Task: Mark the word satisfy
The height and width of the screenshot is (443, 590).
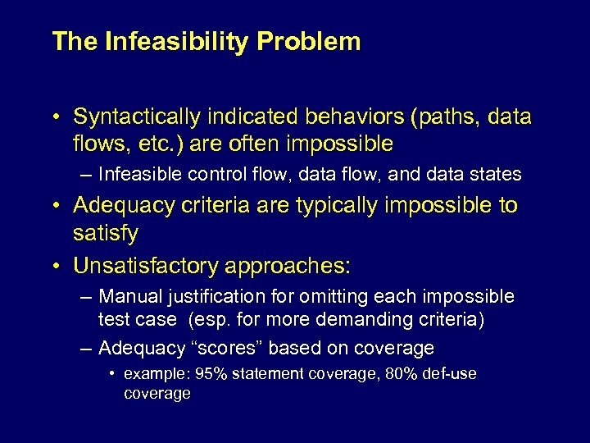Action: pyautogui.click(x=106, y=234)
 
